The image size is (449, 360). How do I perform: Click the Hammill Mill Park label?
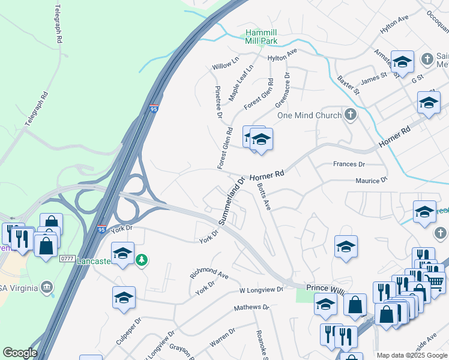point(261,37)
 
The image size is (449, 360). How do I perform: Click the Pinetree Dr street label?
point(218,101)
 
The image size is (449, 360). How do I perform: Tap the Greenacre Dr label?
point(283,91)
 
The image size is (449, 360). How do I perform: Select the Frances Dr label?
point(349,164)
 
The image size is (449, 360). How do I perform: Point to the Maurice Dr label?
point(372,180)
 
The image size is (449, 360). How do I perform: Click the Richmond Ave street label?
point(209,274)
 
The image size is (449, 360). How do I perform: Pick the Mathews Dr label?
point(252,307)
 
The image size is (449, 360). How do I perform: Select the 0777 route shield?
point(67,259)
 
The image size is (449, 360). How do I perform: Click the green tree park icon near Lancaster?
point(142,260)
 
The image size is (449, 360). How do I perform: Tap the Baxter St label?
point(348,85)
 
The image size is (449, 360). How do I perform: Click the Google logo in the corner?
point(20,353)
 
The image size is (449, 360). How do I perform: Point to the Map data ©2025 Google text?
point(412,355)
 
